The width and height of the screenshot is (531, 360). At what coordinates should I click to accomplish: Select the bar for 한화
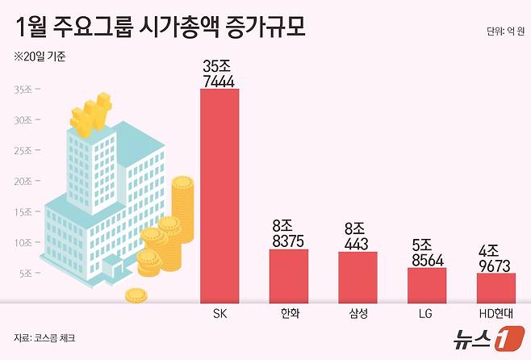288,275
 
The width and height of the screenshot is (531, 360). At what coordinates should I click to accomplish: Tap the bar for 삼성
357,277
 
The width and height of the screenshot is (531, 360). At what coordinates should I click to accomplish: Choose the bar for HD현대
495,287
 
